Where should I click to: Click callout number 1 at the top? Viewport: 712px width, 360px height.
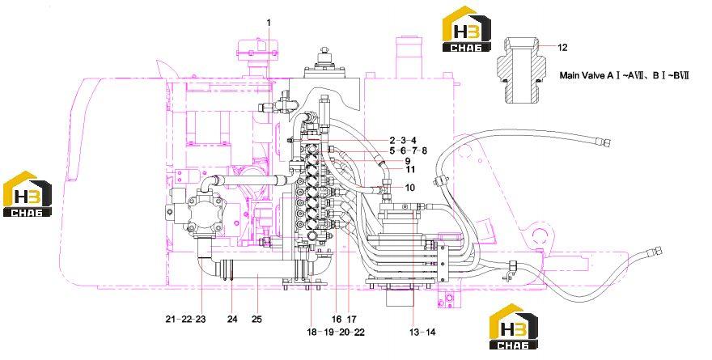[269, 22]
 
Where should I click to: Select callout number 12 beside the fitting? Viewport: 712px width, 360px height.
[562, 47]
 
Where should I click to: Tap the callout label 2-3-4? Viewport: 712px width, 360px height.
[402, 140]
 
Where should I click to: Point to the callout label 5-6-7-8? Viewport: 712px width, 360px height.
[408, 150]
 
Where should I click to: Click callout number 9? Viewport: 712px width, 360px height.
[407, 161]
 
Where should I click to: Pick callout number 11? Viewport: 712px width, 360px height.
[410, 170]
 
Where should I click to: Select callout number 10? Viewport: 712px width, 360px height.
[409, 188]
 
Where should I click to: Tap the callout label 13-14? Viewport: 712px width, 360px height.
[422, 332]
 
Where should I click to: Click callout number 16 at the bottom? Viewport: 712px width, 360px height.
[336, 319]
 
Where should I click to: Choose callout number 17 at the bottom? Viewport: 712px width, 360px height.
[351, 319]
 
